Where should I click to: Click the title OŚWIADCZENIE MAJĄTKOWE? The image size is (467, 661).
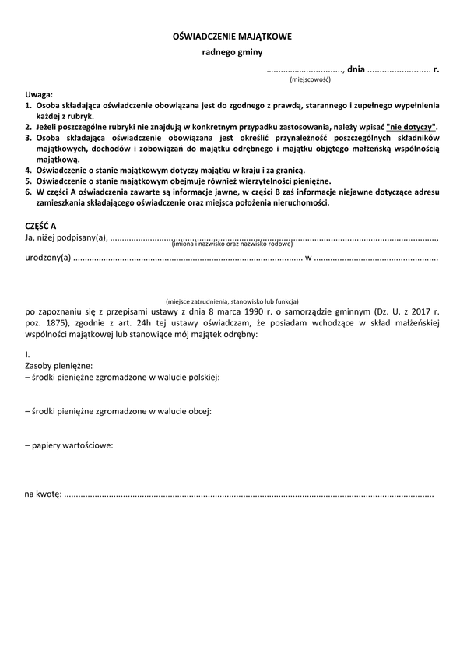[x=233, y=37]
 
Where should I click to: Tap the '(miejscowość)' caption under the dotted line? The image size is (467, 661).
[x=311, y=79]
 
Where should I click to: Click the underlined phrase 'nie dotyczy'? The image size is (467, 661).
[x=412, y=126]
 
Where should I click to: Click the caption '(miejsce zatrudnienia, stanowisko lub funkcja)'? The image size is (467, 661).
[x=232, y=301]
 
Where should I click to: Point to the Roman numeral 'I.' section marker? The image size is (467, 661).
[x=28, y=354]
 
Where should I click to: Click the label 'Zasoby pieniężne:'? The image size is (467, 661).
[x=59, y=365]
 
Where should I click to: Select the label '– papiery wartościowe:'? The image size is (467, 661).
[x=69, y=445]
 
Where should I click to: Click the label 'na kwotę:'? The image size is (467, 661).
[x=43, y=494]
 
